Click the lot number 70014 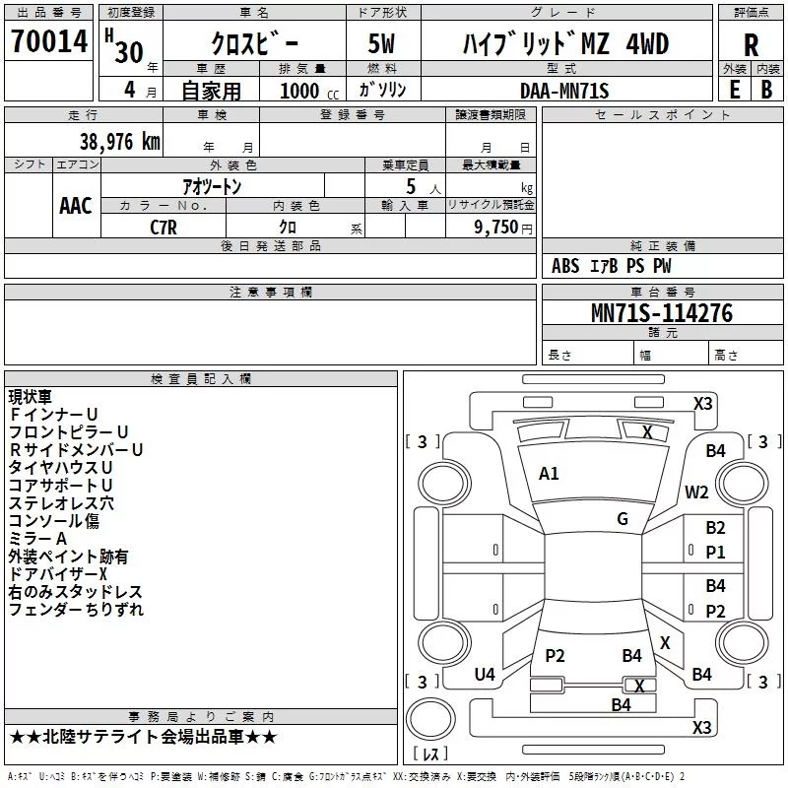point(49,41)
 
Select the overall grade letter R point(751,45)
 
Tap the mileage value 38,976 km point(120,142)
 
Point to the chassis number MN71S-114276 point(662,313)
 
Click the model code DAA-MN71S point(564,91)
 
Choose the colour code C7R point(164,228)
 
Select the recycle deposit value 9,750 point(496,228)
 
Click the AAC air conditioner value point(76,206)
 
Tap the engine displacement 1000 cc point(309,91)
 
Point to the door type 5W point(381,43)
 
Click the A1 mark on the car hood point(549,474)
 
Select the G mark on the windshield point(623,519)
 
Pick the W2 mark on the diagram point(696,492)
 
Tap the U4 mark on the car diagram point(485,675)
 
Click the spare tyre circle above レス point(430,719)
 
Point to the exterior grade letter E point(735,90)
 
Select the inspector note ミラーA point(37,539)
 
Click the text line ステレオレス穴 point(61,503)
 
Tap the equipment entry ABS point(565,266)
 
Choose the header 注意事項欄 point(270,292)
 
